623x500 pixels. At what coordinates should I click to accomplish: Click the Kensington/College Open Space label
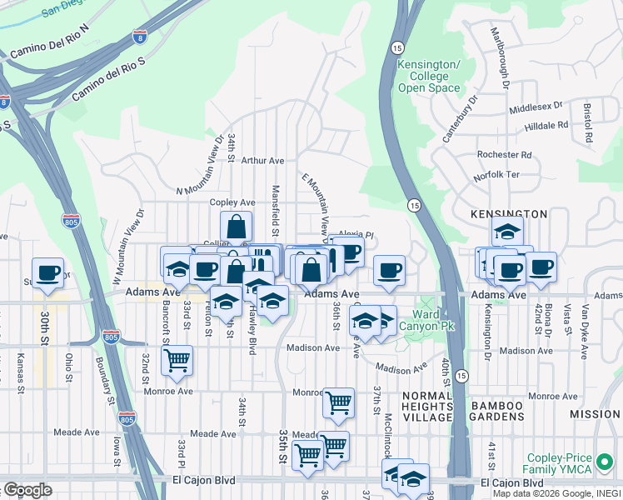(429, 76)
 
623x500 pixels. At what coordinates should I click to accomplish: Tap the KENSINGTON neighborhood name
(508, 214)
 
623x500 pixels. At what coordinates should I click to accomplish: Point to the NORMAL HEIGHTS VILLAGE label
(426, 406)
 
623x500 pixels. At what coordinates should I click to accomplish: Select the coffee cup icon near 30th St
(48, 272)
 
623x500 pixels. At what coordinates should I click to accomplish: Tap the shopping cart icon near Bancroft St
(177, 360)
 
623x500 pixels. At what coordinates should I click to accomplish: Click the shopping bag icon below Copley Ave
(237, 226)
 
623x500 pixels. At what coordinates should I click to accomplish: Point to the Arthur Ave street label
(262, 161)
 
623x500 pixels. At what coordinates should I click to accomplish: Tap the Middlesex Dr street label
(536, 108)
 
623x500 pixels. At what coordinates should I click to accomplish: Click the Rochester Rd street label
(504, 155)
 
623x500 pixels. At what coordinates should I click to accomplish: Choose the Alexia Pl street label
(356, 235)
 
